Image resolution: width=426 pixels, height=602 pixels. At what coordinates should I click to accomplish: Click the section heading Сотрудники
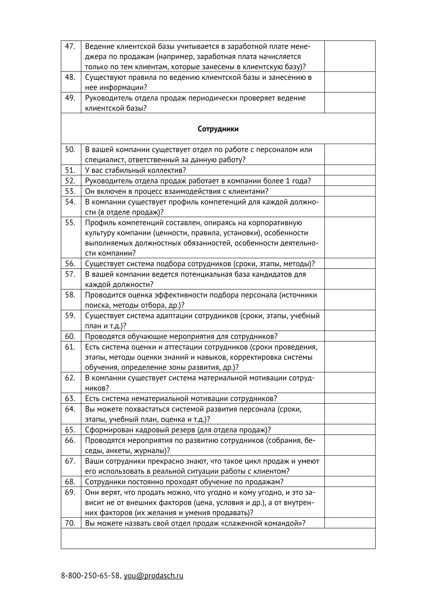pos(218,129)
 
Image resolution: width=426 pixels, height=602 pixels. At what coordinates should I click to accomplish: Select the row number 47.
pos(70,46)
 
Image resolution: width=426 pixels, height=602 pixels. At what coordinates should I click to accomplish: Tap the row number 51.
pos(70,170)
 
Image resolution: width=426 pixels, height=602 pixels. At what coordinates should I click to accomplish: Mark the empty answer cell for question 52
pos(350,181)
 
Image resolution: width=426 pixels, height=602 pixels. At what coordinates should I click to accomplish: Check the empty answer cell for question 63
pos(350,398)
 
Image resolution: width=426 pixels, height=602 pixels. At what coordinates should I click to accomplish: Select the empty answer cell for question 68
pos(350,482)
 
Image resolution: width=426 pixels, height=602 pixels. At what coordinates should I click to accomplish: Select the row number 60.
pos(70,336)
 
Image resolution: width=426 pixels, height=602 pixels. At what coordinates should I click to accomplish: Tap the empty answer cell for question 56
pos(350,264)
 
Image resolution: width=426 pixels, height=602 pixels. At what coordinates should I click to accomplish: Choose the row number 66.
pos(70,440)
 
